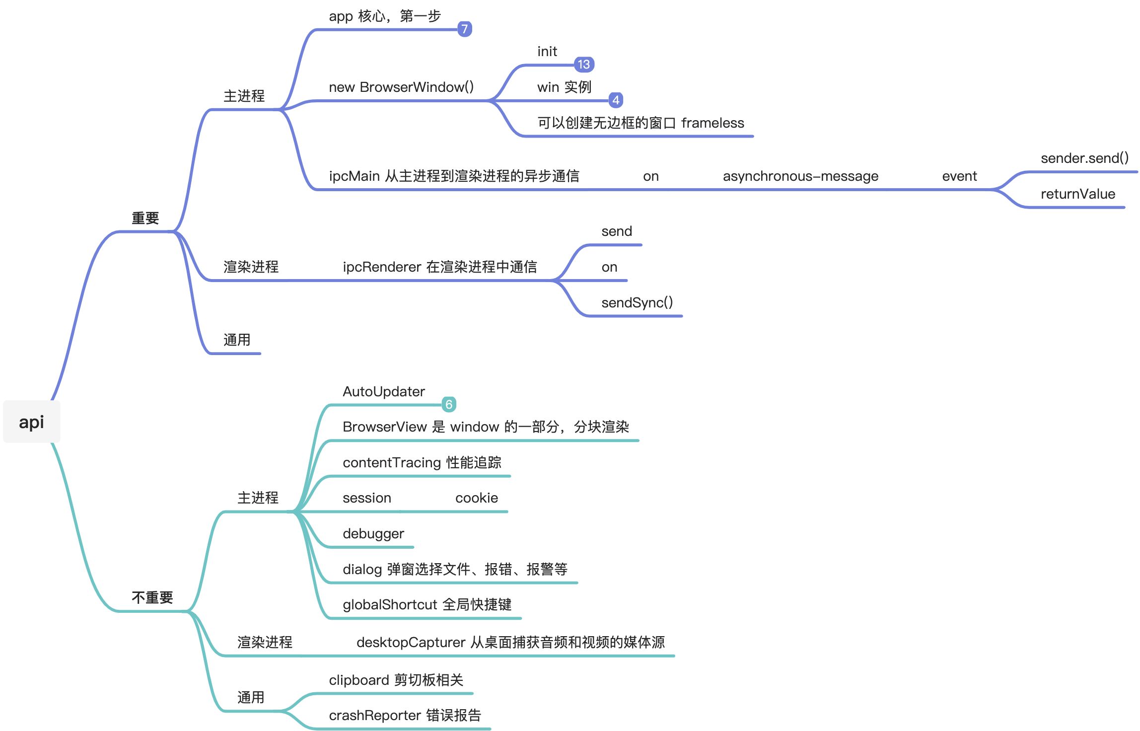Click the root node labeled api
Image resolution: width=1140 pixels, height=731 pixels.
point(31,422)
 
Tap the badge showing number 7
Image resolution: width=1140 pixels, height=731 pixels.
point(464,29)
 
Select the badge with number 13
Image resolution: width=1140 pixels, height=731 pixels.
point(584,64)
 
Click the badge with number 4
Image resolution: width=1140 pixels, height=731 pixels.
point(616,100)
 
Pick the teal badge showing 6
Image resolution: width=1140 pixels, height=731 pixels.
point(449,404)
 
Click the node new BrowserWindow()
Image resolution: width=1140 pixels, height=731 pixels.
point(401,87)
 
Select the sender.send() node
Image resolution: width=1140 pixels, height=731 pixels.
point(1084,158)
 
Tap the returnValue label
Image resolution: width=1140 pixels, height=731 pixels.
point(1078,194)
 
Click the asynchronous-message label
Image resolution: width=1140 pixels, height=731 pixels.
point(800,176)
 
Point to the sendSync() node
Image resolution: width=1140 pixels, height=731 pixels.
point(637,302)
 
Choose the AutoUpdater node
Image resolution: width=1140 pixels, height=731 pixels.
point(384,392)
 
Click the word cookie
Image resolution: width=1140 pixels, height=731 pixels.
point(477,498)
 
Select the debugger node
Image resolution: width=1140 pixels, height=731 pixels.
point(373,534)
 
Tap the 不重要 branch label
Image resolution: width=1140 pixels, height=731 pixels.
point(152,597)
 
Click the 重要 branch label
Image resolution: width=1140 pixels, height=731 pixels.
point(145,218)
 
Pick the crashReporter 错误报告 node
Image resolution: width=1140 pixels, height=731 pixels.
point(405,716)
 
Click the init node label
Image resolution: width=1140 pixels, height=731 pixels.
point(547,52)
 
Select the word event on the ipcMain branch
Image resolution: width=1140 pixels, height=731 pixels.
point(959,176)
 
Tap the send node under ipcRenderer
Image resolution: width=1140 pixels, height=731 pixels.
point(617,231)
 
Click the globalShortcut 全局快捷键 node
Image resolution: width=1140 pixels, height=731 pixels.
point(427,605)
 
